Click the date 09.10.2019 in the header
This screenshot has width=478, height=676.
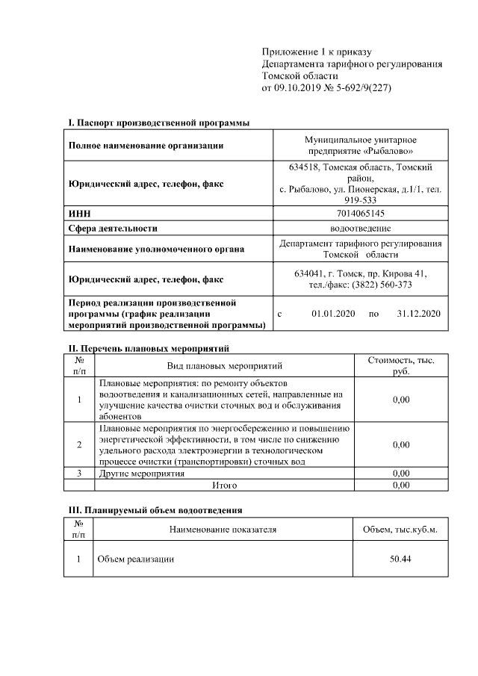coord(299,88)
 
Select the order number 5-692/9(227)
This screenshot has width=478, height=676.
coord(364,88)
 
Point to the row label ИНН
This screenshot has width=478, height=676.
coord(79,214)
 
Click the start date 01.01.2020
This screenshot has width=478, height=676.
coord(333,314)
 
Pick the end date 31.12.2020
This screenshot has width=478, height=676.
coord(419,314)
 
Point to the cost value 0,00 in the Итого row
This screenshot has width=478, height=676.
coord(400,485)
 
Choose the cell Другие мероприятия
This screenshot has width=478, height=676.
coord(141,473)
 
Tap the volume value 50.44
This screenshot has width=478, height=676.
coord(400,559)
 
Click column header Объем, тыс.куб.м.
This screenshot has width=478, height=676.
coord(400,530)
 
